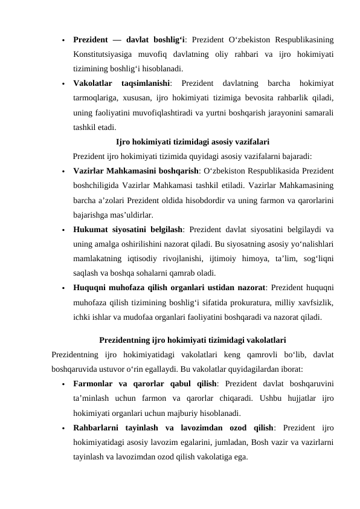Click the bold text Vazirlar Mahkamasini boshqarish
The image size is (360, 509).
tap(129, 170)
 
